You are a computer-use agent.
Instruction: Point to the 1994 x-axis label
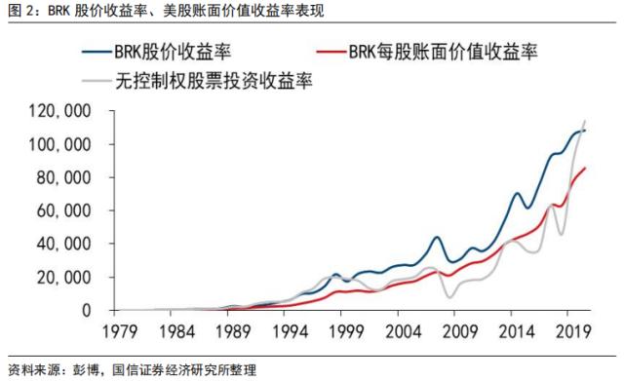295,331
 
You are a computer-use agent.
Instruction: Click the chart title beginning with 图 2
166,12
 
